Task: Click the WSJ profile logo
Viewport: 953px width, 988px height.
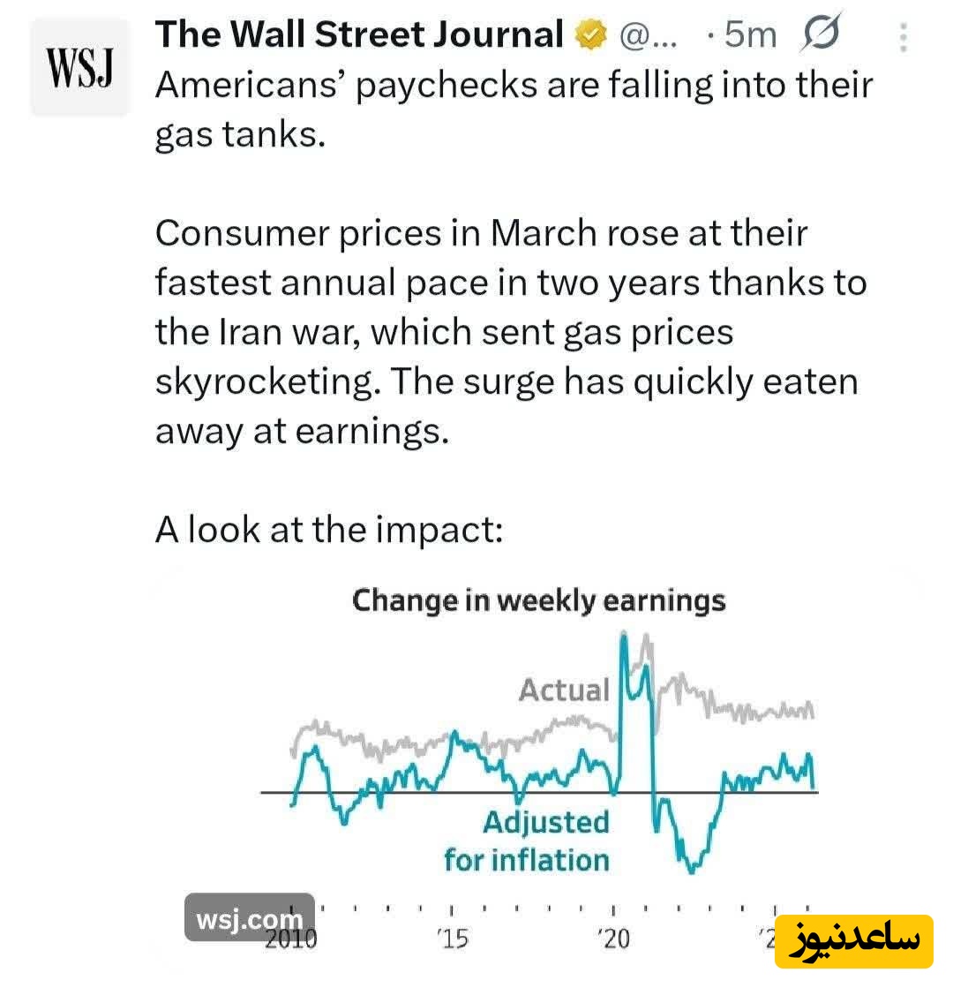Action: (x=79, y=69)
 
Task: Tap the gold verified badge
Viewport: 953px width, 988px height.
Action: (x=591, y=35)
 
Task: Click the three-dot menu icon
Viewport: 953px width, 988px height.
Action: (x=903, y=37)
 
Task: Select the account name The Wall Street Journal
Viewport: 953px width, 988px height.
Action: (x=359, y=34)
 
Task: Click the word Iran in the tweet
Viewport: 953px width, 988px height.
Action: (x=238, y=333)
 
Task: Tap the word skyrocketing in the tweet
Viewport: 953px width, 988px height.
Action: (x=266, y=382)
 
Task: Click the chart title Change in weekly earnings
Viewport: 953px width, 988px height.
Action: (x=538, y=601)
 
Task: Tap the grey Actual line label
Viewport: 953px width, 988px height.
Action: (x=564, y=690)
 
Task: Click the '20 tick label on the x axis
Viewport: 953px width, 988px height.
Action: (x=612, y=939)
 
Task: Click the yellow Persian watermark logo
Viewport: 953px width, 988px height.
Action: (x=854, y=941)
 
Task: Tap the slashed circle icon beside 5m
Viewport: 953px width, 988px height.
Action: (x=822, y=34)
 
